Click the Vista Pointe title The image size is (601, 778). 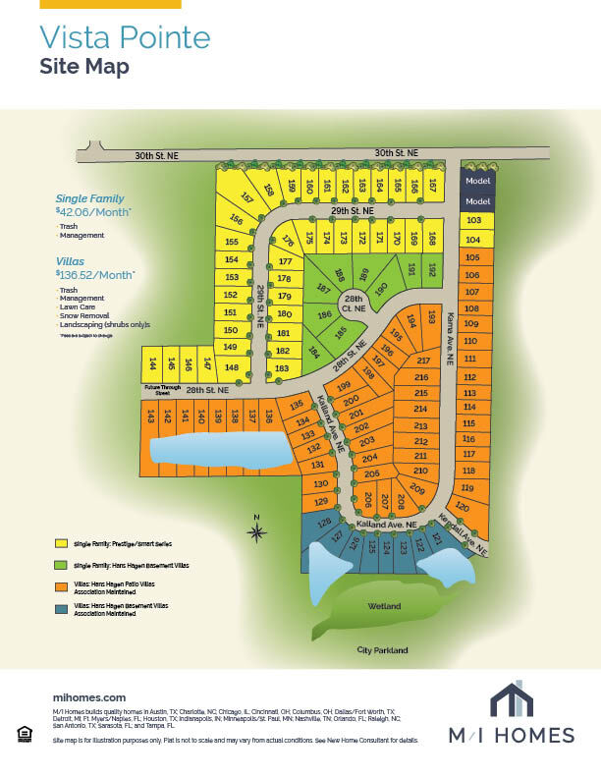(125, 37)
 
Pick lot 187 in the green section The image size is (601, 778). (322, 289)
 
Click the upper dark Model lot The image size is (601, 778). (477, 181)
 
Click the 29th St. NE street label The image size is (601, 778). (354, 211)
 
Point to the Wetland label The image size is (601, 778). (385, 606)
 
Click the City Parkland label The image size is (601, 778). (382, 650)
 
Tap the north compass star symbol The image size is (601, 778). (256, 533)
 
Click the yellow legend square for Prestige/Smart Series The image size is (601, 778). (61, 542)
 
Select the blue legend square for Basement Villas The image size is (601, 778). (61, 609)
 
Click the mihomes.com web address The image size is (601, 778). (89, 695)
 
